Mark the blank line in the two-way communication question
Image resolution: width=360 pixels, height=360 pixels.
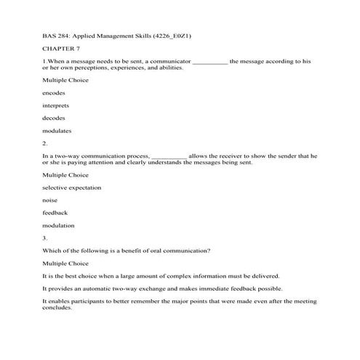[x=169, y=156]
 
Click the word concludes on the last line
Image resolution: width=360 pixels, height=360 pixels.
[x=57, y=307]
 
